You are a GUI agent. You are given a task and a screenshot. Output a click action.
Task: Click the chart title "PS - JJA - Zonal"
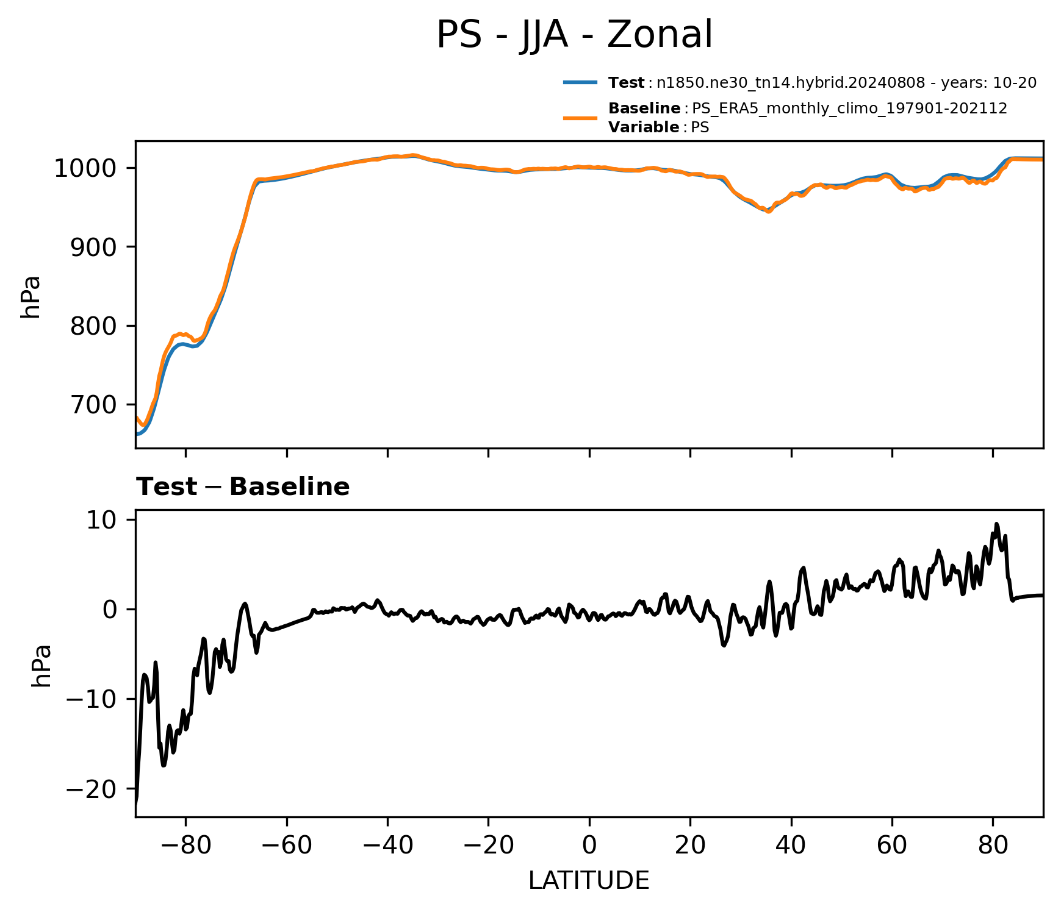pos(574,35)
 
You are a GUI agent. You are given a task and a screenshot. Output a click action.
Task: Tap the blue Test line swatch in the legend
pos(580,82)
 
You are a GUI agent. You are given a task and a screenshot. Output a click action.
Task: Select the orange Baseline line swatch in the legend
pos(580,118)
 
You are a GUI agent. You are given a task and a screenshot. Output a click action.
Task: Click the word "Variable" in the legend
pos(644,127)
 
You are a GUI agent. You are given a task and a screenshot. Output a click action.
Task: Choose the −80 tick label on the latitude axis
pos(185,846)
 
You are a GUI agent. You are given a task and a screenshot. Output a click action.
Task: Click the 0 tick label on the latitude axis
pos(589,846)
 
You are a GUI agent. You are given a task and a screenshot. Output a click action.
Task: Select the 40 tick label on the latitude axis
pos(791,846)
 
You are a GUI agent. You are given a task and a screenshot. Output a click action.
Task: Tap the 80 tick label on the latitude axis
pos(993,846)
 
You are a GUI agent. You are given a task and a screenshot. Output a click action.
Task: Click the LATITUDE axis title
pos(589,881)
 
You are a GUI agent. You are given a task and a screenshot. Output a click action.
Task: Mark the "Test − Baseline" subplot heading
pos(243,487)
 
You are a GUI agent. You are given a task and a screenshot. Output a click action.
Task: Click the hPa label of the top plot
pos(31,297)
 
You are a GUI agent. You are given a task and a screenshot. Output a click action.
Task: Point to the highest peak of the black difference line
pos(996,524)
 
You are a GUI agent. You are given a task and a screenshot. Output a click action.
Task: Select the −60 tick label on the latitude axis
pos(287,846)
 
